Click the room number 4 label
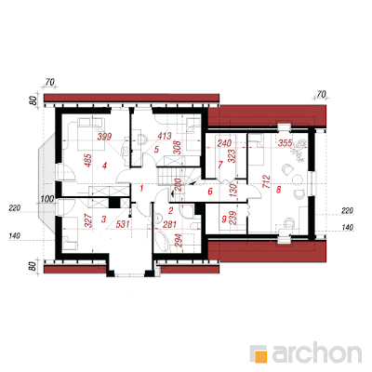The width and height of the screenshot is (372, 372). (104, 166)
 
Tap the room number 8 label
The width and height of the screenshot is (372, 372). (278, 190)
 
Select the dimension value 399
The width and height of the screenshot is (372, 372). (104, 137)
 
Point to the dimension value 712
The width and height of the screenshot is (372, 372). (266, 183)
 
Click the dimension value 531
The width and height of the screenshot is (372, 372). (123, 224)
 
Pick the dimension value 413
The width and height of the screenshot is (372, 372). (165, 136)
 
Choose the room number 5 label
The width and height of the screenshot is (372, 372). (156, 150)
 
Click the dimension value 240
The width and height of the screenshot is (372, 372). (224, 143)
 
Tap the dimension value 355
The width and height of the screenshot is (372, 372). (285, 143)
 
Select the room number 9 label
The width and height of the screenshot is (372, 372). (224, 219)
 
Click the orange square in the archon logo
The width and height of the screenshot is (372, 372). (261, 356)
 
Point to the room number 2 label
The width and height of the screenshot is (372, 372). (171, 211)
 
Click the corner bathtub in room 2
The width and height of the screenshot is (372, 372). (162, 240)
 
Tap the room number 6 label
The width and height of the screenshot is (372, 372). (210, 192)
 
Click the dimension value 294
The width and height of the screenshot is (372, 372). (179, 240)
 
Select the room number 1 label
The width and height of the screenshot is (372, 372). (141, 188)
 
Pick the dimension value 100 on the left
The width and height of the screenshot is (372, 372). (47, 199)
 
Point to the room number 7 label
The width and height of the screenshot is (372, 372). (220, 165)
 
